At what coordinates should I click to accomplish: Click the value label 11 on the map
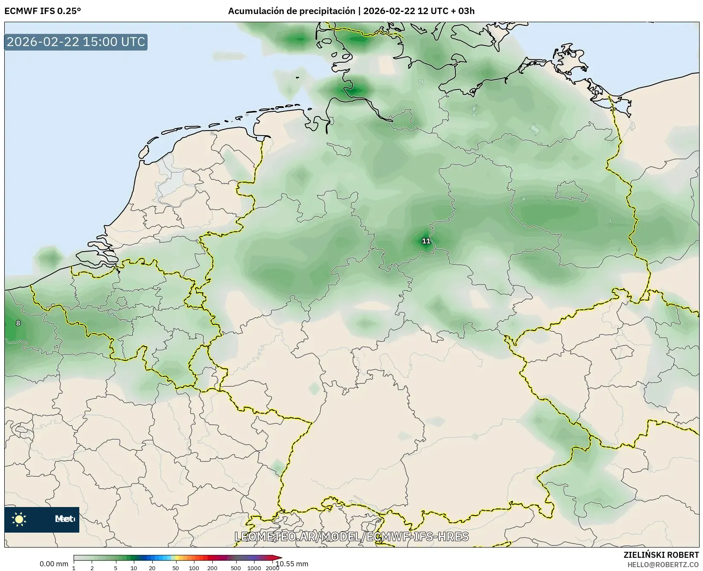point(426,241)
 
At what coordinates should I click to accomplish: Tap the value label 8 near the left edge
point(18,323)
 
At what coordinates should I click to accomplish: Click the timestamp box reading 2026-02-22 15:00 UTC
point(76,42)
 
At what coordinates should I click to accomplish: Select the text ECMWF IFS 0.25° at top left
point(43,11)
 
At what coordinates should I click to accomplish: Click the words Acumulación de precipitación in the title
point(291,11)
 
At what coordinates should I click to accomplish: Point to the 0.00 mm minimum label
point(54,564)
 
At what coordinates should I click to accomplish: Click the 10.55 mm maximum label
point(292,564)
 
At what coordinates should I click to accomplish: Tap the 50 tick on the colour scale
point(176,568)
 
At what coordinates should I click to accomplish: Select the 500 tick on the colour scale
point(236,568)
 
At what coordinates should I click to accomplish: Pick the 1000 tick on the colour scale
point(254,568)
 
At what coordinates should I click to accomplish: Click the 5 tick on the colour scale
point(116,568)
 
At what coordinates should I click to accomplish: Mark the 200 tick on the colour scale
point(212,568)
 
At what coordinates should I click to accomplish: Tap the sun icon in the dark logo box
point(19,519)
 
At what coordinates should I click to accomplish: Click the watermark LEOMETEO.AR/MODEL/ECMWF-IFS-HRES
point(352,536)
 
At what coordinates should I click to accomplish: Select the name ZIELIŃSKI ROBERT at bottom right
point(661,555)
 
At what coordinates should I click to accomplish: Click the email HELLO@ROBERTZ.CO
point(663,564)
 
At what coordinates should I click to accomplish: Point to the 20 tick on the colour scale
point(152,568)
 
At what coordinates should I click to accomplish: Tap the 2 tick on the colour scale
point(92,568)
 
